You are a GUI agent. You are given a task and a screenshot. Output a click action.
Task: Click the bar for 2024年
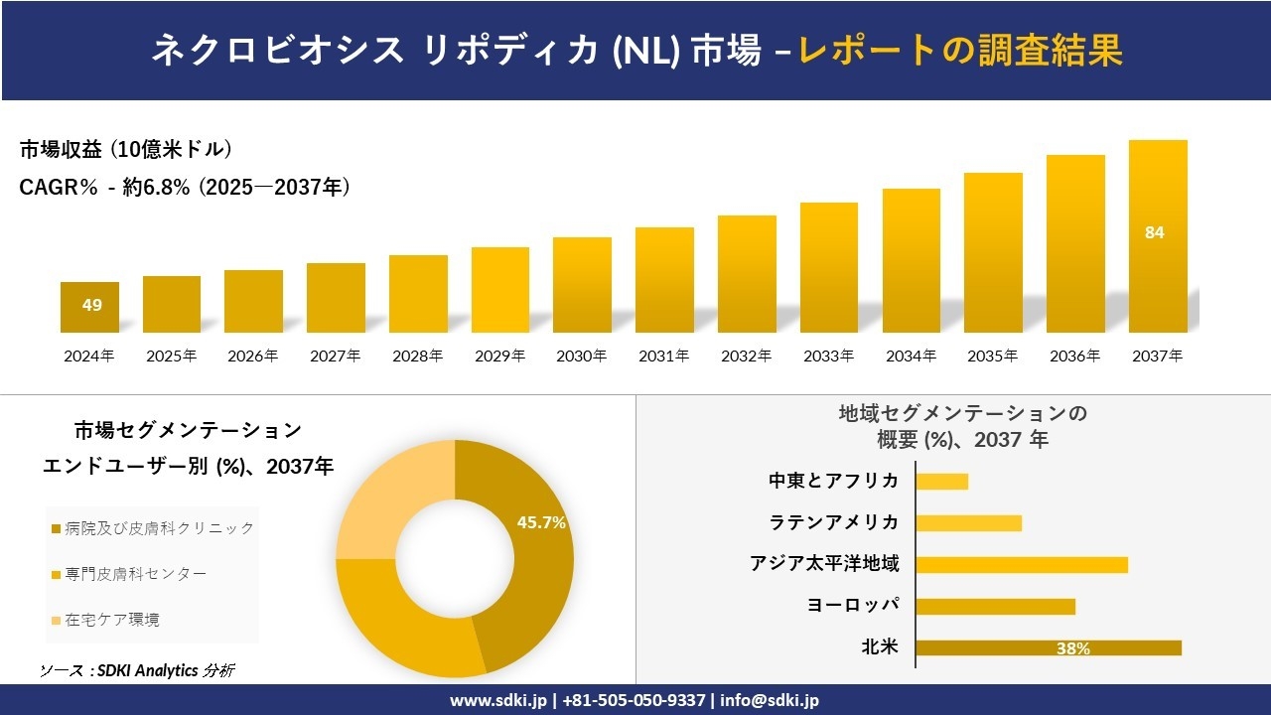(x=89, y=308)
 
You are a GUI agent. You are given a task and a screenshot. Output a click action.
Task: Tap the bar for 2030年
(x=582, y=285)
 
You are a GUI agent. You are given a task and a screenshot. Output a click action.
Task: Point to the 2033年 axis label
(x=828, y=356)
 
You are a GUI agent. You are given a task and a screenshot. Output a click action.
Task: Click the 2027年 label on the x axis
(x=336, y=356)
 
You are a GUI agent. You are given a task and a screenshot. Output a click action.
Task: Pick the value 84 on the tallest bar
(x=1154, y=233)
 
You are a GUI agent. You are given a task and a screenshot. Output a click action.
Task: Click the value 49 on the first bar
(x=91, y=305)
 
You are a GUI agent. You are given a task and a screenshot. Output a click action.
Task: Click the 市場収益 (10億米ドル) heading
(x=126, y=150)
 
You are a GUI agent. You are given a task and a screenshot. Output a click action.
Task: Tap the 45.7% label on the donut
(x=541, y=522)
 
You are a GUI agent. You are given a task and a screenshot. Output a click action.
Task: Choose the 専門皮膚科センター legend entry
(x=135, y=574)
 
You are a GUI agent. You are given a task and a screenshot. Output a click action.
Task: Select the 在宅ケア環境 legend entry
(x=111, y=620)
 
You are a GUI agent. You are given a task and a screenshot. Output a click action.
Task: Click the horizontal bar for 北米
(x=1048, y=647)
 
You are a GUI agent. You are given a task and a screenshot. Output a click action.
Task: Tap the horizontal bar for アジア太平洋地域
(x=1021, y=564)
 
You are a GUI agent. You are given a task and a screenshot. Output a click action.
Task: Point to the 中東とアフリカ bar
(x=941, y=482)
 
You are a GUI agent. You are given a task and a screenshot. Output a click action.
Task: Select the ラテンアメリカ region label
(x=834, y=522)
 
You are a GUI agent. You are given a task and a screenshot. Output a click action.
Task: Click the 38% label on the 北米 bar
(x=1072, y=648)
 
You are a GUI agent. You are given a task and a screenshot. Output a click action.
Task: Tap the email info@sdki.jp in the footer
(x=771, y=700)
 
